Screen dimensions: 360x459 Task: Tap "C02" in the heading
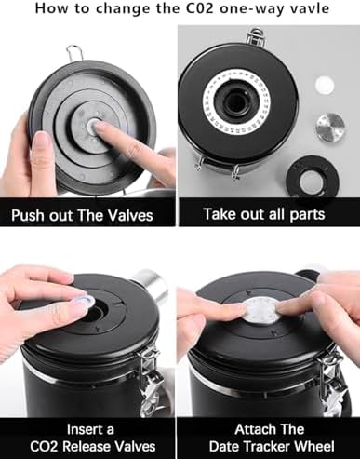tap(200, 8)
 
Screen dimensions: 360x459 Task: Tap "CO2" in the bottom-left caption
tap(44, 447)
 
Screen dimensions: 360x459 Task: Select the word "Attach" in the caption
tap(252, 430)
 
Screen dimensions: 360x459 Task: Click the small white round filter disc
tap(325, 85)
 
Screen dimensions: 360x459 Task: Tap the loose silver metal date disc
tap(330, 126)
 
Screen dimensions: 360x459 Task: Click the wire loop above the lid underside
tap(74, 52)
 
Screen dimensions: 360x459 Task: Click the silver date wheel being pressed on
tap(262, 311)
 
